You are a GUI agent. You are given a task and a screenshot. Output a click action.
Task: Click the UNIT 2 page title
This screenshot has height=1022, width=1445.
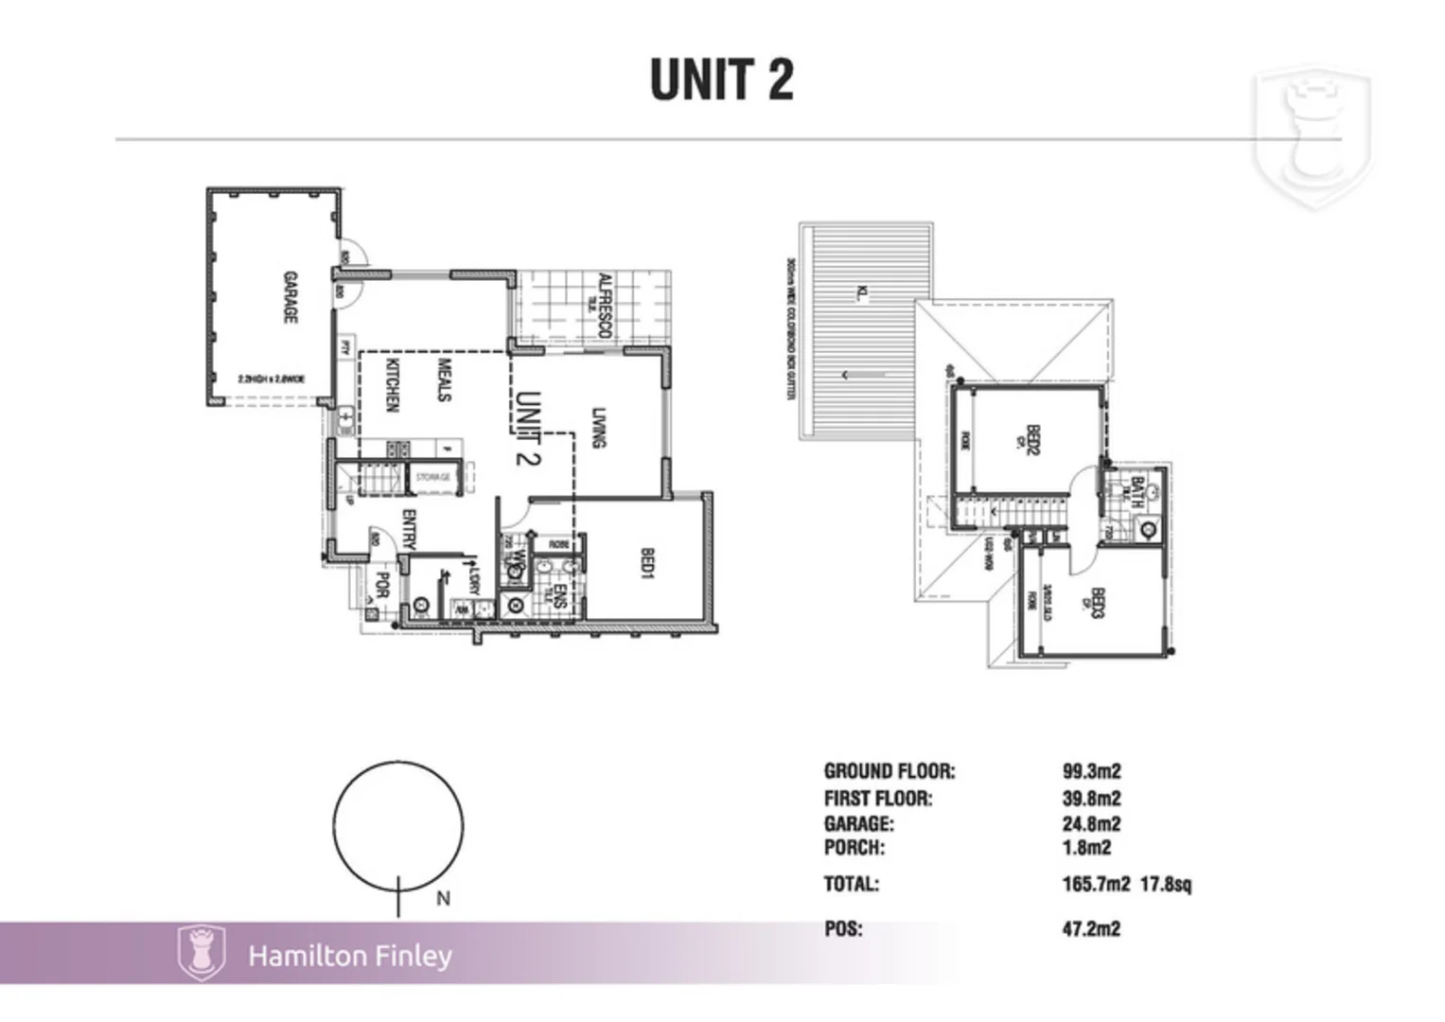[x=721, y=79]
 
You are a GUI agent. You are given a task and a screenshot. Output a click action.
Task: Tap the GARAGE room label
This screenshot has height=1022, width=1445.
[x=291, y=298]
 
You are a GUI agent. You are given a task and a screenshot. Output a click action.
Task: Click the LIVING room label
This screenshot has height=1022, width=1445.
[x=598, y=428]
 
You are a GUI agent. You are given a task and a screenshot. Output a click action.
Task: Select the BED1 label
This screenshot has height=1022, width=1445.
[x=648, y=564]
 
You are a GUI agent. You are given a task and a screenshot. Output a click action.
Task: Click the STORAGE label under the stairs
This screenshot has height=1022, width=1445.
[x=433, y=478]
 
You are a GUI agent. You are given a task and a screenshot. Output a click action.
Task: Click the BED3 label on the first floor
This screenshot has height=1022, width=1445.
[x=1098, y=603]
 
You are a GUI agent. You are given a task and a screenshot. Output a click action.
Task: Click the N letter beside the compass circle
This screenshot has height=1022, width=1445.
[x=443, y=899]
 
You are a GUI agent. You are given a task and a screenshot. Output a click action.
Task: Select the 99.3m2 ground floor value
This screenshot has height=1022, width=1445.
[x=1091, y=771]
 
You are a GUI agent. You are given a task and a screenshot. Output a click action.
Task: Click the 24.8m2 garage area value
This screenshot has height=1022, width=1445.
[x=1091, y=823]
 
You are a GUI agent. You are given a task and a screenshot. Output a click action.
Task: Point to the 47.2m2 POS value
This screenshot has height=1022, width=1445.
[x=1091, y=928]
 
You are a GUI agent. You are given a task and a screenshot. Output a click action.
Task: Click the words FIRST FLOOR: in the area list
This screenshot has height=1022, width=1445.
[x=878, y=799]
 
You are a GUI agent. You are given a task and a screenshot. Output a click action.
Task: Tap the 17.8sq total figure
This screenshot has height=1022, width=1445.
[x=1166, y=885]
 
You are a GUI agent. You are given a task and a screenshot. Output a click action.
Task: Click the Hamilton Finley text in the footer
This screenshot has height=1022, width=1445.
[x=350, y=956]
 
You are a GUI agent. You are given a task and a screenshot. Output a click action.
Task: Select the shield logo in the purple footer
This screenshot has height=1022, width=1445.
[x=201, y=952]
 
